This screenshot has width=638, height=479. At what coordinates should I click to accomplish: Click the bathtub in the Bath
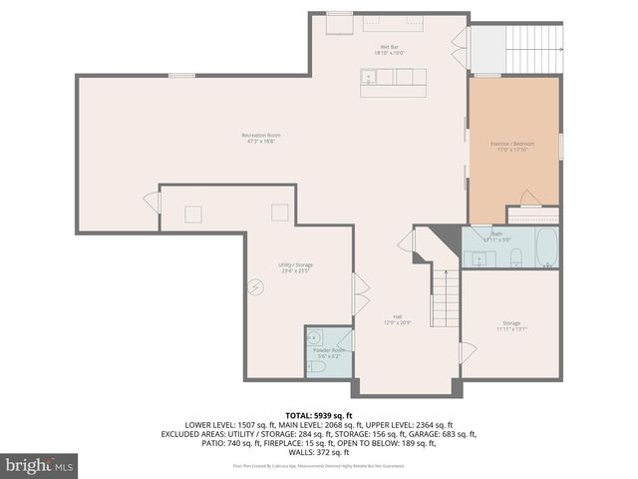[546, 248]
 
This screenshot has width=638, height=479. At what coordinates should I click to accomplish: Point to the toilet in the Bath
[515, 259]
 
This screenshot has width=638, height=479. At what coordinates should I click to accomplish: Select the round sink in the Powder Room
[315, 337]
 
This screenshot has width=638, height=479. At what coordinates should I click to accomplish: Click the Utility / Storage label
[296, 266]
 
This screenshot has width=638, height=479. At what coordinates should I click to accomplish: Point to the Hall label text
[397, 319]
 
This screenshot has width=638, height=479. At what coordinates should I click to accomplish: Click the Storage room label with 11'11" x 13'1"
[511, 325]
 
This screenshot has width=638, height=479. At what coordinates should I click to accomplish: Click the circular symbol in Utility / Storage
[256, 287]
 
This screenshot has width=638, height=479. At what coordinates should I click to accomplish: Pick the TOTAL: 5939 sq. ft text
[318, 414]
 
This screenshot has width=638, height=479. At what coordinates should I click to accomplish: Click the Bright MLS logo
[40, 465]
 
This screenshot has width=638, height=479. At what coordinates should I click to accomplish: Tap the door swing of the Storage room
[467, 352]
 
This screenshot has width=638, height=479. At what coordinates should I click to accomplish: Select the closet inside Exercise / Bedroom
[532, 214]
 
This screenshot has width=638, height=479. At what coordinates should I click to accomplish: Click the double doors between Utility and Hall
[360, 295]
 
